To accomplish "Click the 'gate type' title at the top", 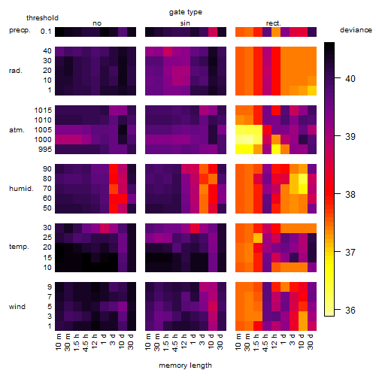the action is coord(186,12).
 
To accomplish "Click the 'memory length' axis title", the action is coord(185,365).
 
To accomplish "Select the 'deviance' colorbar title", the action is coord(356,30).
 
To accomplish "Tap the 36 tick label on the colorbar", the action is coord(350,311).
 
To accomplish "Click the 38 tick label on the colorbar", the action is coord(350,195).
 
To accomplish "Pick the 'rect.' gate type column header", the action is coord(274,23).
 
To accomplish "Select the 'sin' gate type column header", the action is coord(185,23).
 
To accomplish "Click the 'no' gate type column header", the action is coord(97,23).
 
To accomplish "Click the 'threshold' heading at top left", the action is coord(42,18).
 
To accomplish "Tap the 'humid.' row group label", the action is coord(21,189).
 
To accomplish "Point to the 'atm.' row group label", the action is coord(17,130).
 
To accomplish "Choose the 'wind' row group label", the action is coord(17,307).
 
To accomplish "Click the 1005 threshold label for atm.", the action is coord(43,130).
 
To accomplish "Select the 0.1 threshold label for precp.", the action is coord(46,32).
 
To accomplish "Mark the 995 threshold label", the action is coord(45,150).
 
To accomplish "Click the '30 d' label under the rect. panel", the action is coord(311,342).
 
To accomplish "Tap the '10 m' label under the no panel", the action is coord(58,342).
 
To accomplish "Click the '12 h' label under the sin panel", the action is coord(184,341).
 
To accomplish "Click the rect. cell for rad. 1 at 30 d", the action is coord(312,90).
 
